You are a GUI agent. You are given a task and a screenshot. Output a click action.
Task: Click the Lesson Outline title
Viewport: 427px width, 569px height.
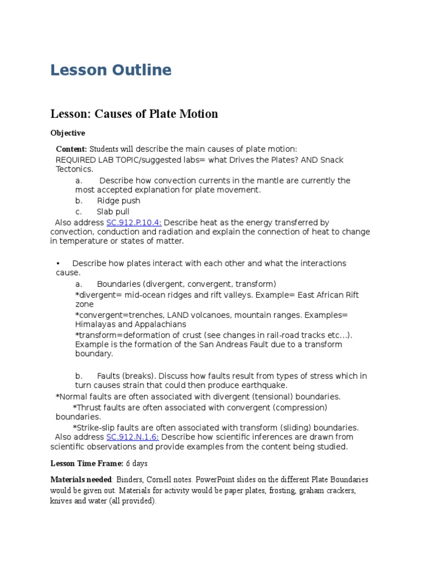point(111,71)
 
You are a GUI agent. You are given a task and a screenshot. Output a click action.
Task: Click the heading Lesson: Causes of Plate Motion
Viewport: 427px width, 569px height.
point(134,114)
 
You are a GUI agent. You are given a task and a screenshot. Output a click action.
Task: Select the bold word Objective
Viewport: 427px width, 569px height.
point(68,133)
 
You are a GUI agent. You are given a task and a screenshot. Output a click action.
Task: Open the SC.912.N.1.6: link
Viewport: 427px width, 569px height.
point(132,437)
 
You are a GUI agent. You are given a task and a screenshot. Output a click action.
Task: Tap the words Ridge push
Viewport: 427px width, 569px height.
point(118,201)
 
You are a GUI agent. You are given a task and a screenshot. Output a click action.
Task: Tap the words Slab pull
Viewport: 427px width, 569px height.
point(113,212)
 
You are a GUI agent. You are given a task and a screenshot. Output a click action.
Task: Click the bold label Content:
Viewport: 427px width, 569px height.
point(71,149)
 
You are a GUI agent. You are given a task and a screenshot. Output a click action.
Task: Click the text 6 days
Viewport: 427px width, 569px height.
point(137,463)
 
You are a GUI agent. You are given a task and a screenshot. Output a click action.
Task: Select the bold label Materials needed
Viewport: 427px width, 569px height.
point(81,480)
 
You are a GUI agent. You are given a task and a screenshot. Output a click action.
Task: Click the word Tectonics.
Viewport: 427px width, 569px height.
point(73,169)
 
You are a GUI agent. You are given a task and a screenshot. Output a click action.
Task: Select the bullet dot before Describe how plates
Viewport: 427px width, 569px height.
point(58,263)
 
